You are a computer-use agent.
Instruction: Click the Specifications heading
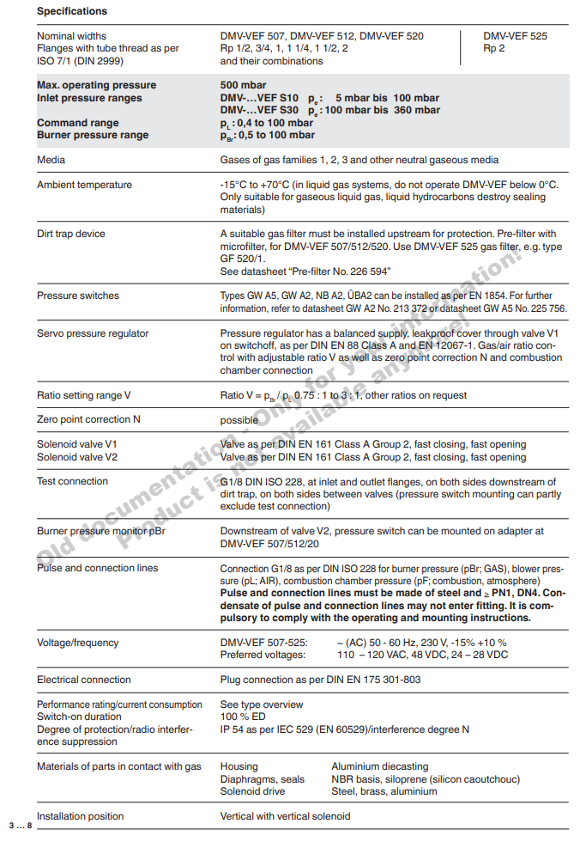click(72, 11)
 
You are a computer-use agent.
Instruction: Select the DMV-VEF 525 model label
click(515, 36)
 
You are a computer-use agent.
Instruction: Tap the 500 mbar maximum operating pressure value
click(243, 85)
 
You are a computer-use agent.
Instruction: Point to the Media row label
click(51, 160)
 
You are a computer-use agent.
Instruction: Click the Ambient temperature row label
click(84, 185)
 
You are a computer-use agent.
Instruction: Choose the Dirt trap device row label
click(71, 234)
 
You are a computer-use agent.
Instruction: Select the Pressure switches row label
click(78, 296)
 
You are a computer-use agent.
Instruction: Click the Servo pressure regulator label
click(93, 333)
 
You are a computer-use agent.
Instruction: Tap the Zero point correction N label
click(88, 419)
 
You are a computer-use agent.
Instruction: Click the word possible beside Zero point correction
click(239, 420)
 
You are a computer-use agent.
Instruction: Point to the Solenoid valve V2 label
click(77, 457)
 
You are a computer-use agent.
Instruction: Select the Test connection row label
click(72, 481)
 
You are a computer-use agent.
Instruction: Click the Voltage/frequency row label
click(78, 643)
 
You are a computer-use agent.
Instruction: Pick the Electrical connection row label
click(83, 680)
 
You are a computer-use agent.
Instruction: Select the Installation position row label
click(80, 816)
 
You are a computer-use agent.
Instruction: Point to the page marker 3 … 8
click(20, 826)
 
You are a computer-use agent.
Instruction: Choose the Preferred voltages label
click(263, 655)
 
